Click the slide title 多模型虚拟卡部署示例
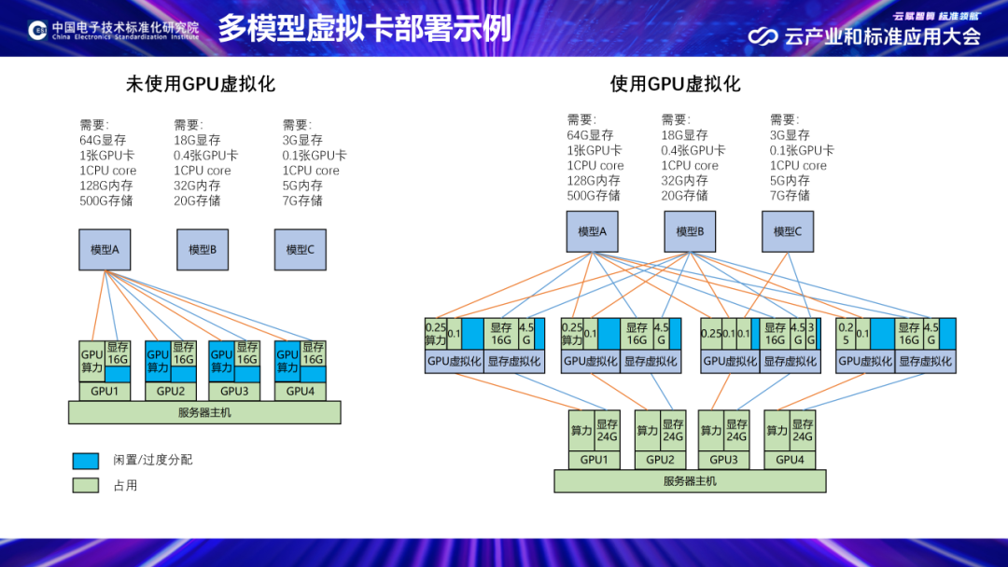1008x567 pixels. pos(365,28)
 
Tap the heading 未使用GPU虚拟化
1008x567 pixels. pos(201,84)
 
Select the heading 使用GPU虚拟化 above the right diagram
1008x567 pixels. pos(675,84)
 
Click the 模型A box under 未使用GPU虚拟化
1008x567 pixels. pos(105,249)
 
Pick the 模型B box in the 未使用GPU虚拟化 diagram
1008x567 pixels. pos(203,249)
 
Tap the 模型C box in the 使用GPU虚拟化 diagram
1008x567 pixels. pos(787,231)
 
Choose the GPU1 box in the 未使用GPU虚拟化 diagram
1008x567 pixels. pos(105,392)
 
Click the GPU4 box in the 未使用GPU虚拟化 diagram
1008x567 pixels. pos(301,392)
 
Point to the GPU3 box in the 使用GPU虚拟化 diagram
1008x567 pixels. pos(724,460)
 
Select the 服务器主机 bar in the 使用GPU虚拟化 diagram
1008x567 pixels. pos(690,481)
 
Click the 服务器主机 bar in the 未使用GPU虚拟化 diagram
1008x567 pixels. pos(204,412)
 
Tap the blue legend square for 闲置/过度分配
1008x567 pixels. pos(86,461)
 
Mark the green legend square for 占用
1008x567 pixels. pos(86,485)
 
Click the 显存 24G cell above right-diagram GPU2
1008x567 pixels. pos(673,430)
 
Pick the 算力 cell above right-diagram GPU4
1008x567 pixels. pos(777,430)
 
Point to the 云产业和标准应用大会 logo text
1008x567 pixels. pos(882,36)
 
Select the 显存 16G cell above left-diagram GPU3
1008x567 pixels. pos(247,353)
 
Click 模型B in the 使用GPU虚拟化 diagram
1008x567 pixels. pos(690,231)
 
